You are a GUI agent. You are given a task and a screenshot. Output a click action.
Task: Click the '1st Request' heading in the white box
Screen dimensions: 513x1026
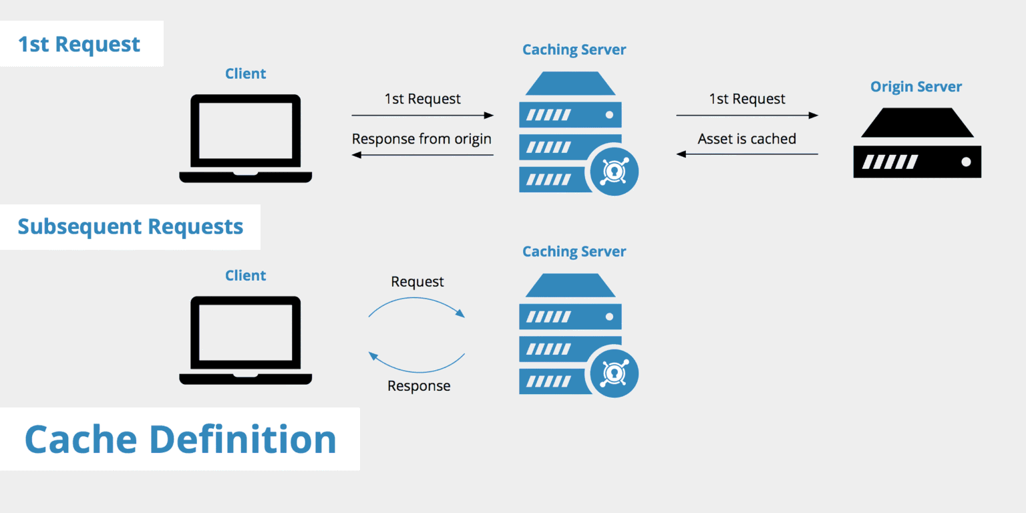[79, 44]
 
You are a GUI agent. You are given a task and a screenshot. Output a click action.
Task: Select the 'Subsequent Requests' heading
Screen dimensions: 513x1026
[130, 226]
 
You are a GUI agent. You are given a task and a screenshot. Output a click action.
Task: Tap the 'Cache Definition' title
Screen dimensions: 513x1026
[180, 440]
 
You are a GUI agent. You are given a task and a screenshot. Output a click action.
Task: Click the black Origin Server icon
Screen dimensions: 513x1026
[916, 143]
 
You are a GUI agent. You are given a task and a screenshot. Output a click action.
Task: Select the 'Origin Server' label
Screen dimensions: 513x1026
[916, 87]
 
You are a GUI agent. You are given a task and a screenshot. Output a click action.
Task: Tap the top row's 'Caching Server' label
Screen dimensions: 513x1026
[574, 49]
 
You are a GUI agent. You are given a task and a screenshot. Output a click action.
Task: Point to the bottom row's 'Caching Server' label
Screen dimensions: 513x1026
[574, 252]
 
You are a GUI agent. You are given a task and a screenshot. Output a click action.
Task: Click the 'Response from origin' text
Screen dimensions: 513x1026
[421, 139]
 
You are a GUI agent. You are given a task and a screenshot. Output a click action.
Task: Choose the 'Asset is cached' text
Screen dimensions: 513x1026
[747, 139]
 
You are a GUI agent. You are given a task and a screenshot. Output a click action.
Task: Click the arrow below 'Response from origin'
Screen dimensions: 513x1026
[422, 155]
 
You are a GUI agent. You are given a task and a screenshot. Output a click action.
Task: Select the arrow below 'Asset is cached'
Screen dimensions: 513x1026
[747, 154]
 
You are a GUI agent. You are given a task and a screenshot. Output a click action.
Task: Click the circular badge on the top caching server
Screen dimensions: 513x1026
[613, 172]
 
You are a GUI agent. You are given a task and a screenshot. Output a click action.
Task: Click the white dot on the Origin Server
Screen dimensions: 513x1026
[965, 162]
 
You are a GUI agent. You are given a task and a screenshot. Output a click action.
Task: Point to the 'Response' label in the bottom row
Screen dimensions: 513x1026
[419, 386]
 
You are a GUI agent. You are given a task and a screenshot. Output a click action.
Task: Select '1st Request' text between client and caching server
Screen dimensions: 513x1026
[422, 99]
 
